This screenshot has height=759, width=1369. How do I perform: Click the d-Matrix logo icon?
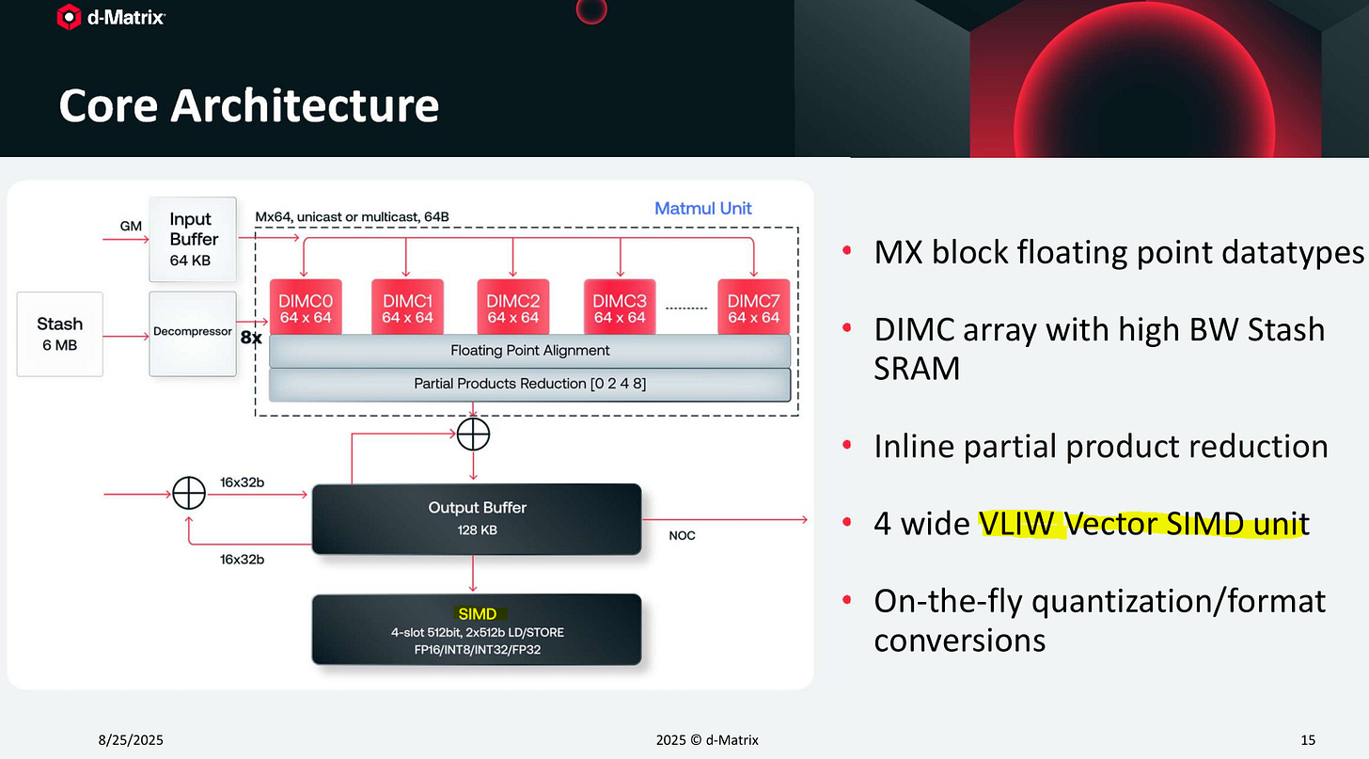pyautogui.click(x=69, y=17)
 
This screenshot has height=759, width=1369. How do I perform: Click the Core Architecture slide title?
pyautogui.click(x=248, y=105)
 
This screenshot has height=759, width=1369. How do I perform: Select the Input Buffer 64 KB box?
pyautogui.click(x=191, y=239)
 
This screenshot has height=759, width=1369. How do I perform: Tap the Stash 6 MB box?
pyautogui.click(x=60, y=334)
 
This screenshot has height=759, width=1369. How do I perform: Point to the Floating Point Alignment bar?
pyautogui.click(x=529, y=351)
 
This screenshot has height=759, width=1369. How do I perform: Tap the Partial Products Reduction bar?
pyautogui.click(x=529, y=384)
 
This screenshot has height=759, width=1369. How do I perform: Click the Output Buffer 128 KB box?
pyautogui.click(x=477, y=517)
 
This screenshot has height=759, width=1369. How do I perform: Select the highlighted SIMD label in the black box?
pyautogui.click(x=478, y=614)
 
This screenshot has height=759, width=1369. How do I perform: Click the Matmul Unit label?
pyautogui.click(x=703, y=208)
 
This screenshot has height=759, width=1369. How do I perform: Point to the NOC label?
pyautogui.click(x=683, y=535)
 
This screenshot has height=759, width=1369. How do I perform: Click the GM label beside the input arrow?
pyautogui.click(x=131, y=226)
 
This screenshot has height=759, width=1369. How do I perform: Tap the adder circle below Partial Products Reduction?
pyautogui.click(x=473, y=434)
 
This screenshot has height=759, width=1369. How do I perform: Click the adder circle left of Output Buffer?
pyautogui.click(x=189, y=492)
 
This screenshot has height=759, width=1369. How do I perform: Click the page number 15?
pyautogui.click(x=1308, y=740)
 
